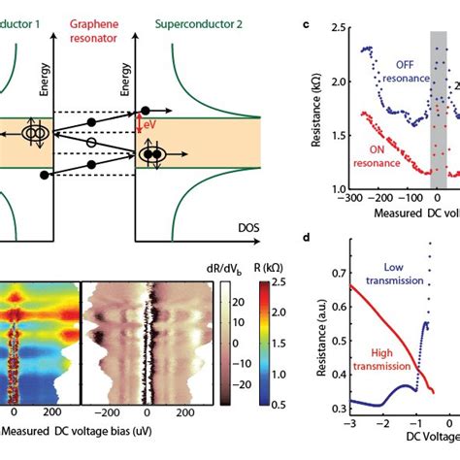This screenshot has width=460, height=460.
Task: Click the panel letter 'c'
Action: pyautogui.click(x=307, y=11)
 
